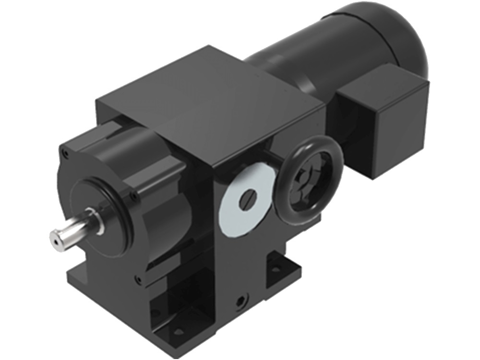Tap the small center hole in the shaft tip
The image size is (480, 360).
57,243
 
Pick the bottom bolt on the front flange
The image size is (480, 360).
139,278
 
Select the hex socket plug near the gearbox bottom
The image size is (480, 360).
240,301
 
